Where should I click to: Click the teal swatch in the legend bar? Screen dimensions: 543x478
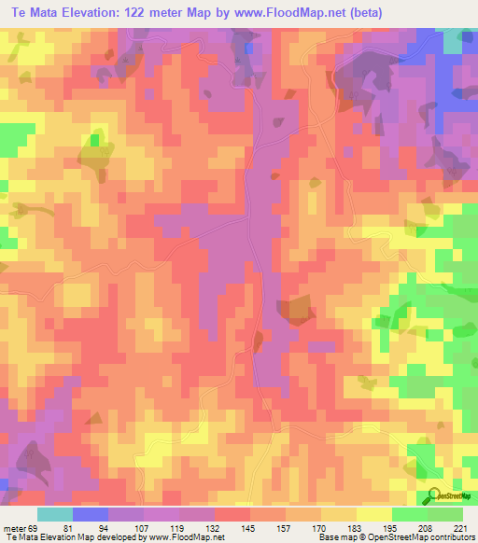pyautogui.click(x=55, y=514)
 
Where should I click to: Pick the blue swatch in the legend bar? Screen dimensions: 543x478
pyautogui.click(x=91, y=514)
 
